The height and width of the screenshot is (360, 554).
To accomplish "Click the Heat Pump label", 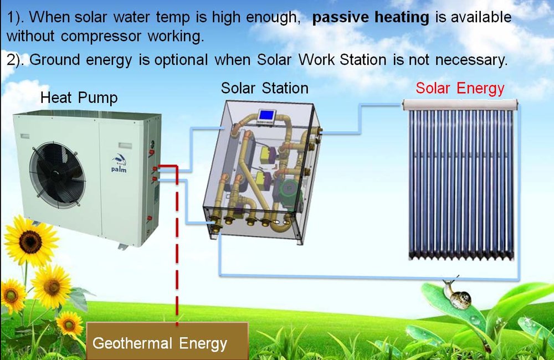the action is (x=79, y=98).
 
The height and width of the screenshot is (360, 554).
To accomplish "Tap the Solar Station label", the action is (x=265, y=88).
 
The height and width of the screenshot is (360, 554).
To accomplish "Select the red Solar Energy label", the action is (x=460, y=88).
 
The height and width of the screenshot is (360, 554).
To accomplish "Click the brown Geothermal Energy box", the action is (x=167, y=341).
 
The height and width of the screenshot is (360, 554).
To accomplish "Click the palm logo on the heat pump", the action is (x=119, y=164).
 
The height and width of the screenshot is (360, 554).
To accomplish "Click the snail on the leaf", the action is (x=457, y=295).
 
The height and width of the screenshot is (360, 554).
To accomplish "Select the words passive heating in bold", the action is (x=371, y=17).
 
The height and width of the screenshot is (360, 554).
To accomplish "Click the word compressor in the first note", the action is (x=101, y=36).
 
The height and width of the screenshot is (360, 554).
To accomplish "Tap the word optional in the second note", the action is (x=181, y=60).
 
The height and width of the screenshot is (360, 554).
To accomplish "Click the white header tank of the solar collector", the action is (x=460, y=105).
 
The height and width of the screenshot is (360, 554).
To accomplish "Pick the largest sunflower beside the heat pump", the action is (x=30, y=241).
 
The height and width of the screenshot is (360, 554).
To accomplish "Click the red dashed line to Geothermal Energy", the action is (x=177, y=244).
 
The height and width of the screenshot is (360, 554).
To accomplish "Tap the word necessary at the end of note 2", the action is (x=471, y=60).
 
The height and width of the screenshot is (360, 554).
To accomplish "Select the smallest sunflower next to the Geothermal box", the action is (x=69, y=325).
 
